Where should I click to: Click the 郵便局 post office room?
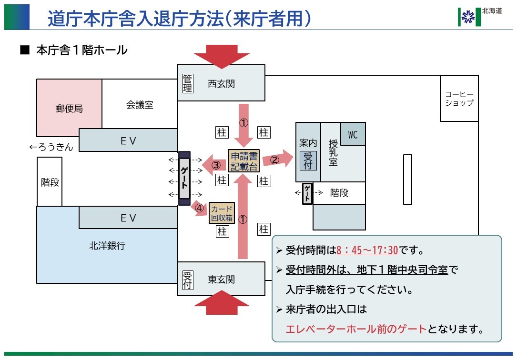tap(69, 108)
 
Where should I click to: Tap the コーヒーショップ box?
tap(459, 99)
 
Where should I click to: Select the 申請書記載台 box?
tap(243, 161)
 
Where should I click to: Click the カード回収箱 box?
tap(222, 213)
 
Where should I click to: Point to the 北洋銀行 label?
tap(107, 246)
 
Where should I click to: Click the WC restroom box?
tap(353, 134)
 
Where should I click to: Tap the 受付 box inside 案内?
tap(308, 160)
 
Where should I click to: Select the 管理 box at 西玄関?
tap(188, 83)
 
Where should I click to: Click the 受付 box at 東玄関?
tap(188, 280)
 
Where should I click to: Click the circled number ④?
tap(199, 208)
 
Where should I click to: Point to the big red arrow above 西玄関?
tap(222, 56)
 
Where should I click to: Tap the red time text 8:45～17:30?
tap(367, 250)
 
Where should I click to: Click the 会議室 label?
tap(140, 105)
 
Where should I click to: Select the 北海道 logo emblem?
tap(469, 17)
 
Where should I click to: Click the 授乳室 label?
tap(333, 152)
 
